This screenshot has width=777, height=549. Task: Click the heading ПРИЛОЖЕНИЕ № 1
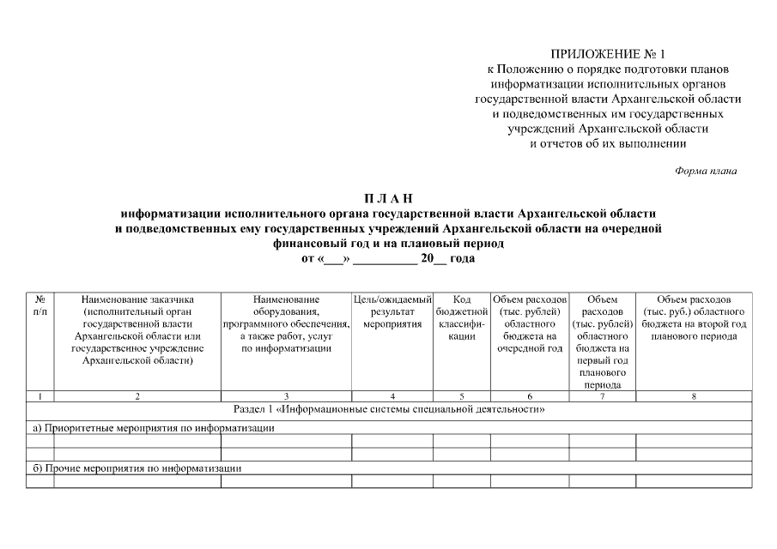[608, 55]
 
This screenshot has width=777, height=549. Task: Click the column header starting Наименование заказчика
[137, 329]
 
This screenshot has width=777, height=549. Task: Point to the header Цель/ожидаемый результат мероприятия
[392, 311]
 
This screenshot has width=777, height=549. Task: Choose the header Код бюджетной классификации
[461, 317]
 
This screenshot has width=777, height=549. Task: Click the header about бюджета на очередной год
[529, 323]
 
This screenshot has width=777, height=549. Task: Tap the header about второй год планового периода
[694, 317]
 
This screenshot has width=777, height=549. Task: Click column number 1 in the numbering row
[40, 395]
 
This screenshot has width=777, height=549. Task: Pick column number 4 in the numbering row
[392, 395]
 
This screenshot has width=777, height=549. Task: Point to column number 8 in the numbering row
[694, 395]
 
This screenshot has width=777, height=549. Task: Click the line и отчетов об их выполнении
[608, 142]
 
